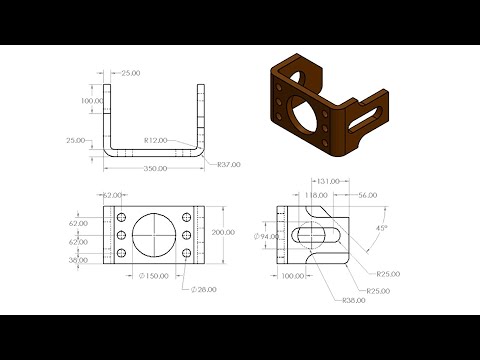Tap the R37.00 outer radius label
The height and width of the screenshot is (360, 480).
pyautogui.click(x=228, y=165)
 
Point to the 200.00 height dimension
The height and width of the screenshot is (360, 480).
pyautogui.click(x=223, y=232)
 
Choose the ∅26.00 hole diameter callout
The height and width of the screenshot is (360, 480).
pyautogui.click(x=205, y=289)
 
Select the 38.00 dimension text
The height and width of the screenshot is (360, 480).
pyautogui.click(x=78, y=259)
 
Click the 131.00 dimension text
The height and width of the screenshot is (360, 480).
pyautogui.click(x=328, y=182)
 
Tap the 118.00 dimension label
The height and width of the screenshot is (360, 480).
pyautogui.click(x=316, y=195)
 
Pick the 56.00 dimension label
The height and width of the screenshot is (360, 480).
pyautogui.click(x=366, y=195)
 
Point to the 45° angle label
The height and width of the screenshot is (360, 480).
pyautogui.click(x=380, y=227)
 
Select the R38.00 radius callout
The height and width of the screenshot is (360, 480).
pyautogui.click(x=352, y=300)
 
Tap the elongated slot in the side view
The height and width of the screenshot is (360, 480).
pyautogui.click(x=315, y=237)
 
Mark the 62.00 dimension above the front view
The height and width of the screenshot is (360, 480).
pyautogui.click(x=111, y=195)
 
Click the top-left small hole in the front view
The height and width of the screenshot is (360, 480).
pyautogui.click(x=120, y=217)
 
